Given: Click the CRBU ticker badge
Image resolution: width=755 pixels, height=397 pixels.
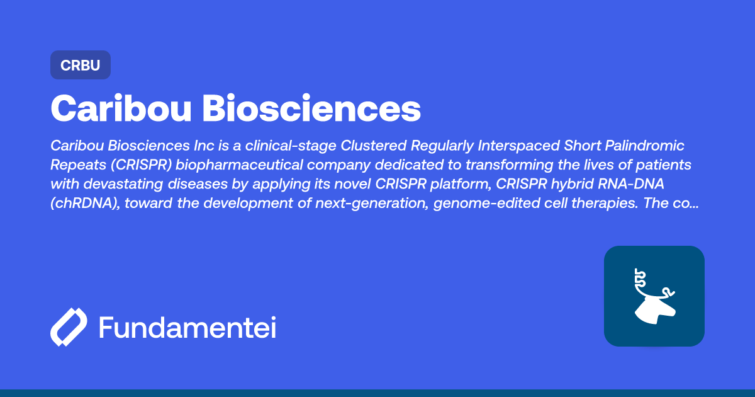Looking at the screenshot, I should pyautogui.click(x=81, y=65).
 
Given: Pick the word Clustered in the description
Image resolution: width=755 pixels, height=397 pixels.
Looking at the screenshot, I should pyautogui.click(x=373, y=146).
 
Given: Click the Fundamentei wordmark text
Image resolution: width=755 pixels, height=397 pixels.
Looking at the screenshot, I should pyautogui.click(x=187, y=328).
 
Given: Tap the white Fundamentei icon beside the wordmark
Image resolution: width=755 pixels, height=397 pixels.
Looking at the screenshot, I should pyautogui.click(x=68, y=327).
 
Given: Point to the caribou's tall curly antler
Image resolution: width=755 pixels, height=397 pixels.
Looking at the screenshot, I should pyautogui.click(x=640, y=280).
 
